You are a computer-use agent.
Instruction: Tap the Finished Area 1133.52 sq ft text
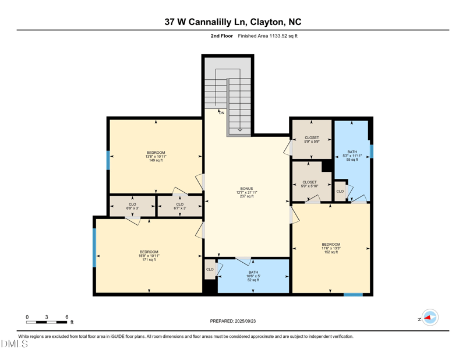click(x=267, y=36)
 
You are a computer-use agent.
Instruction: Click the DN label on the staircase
click(x=221, y=112)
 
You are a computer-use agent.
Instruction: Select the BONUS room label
click(x=247, y=192)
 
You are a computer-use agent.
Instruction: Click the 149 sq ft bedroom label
click(x=156, y=156)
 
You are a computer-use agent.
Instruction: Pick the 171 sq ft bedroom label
click(x=149, y=256)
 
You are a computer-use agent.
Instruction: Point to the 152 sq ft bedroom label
click(x=331, y=248)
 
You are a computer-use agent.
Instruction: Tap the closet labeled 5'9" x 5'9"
click(x=312, y=140)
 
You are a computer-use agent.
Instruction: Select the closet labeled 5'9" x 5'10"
click(x=309, y=184)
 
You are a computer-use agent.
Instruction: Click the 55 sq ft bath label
click(x=352, y=156)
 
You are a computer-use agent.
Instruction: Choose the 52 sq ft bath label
click(x=253, y=276)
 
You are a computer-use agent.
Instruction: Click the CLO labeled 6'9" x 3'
click(x=132, y=206)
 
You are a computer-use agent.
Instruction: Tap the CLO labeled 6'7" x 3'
click(x=179, y=206)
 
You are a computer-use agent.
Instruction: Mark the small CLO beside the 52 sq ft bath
click(x=210, y=270)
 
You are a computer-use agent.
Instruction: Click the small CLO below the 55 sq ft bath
click(x=340, y=191)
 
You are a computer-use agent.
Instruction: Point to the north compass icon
click(x=430, y=317)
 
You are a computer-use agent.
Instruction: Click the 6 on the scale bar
click(x=67, y=317)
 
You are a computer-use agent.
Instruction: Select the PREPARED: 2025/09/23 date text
click(x=233, y=321)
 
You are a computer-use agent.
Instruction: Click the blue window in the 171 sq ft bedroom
click(x=94, y=248)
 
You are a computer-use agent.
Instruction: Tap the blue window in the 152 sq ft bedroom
click(x=353, y=295)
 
